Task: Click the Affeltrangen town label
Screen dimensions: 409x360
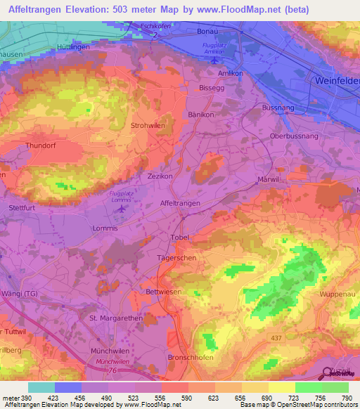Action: pyautogui.click(x=181, y=202)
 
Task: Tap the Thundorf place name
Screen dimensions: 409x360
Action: pyautogui.click(x=40, y=145)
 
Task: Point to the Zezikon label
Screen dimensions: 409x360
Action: pyautogui.click(x=160, y=176)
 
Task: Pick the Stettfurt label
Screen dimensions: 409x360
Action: pyautogui.click(x=22, y=208)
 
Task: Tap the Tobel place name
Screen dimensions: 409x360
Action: pyautogui.click(x=181, y=238)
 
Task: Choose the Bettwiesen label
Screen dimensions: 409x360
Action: pyautogui.click(x=165, y=291)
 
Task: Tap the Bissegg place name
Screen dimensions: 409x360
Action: pyautogui.click(x=212, y=89)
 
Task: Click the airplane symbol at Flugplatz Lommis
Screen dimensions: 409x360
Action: pyautogui.click(x=124, y=208)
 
